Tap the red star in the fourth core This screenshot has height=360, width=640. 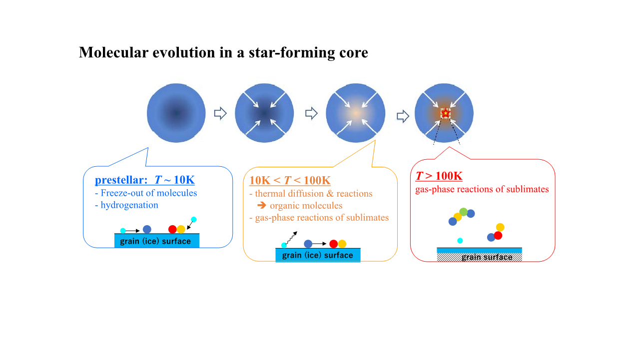[446, 113]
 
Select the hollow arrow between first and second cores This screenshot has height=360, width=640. [220, 113]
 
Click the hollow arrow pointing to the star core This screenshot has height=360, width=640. [403, 116]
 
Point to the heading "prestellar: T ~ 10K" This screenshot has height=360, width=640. [145, 180]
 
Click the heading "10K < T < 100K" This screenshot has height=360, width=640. [290, 180]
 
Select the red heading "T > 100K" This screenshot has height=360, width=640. [439, 176]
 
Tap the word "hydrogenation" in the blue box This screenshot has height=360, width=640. [129, 205]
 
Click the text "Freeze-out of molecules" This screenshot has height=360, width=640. [148, 193]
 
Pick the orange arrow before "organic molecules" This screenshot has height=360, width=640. [261, 205]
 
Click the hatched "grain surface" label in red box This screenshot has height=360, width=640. [487, 257]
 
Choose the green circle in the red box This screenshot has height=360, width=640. [464, 212]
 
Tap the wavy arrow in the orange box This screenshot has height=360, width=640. [292, 238]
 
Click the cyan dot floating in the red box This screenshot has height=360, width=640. [460, 241]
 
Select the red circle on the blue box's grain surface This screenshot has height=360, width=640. [172, 229]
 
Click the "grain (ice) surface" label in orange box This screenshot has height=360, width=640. [317, 255]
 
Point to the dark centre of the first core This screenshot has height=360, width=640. [176, 113]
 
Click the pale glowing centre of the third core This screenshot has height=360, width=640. [356, 113]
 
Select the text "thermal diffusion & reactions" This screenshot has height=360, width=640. [314, 194]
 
